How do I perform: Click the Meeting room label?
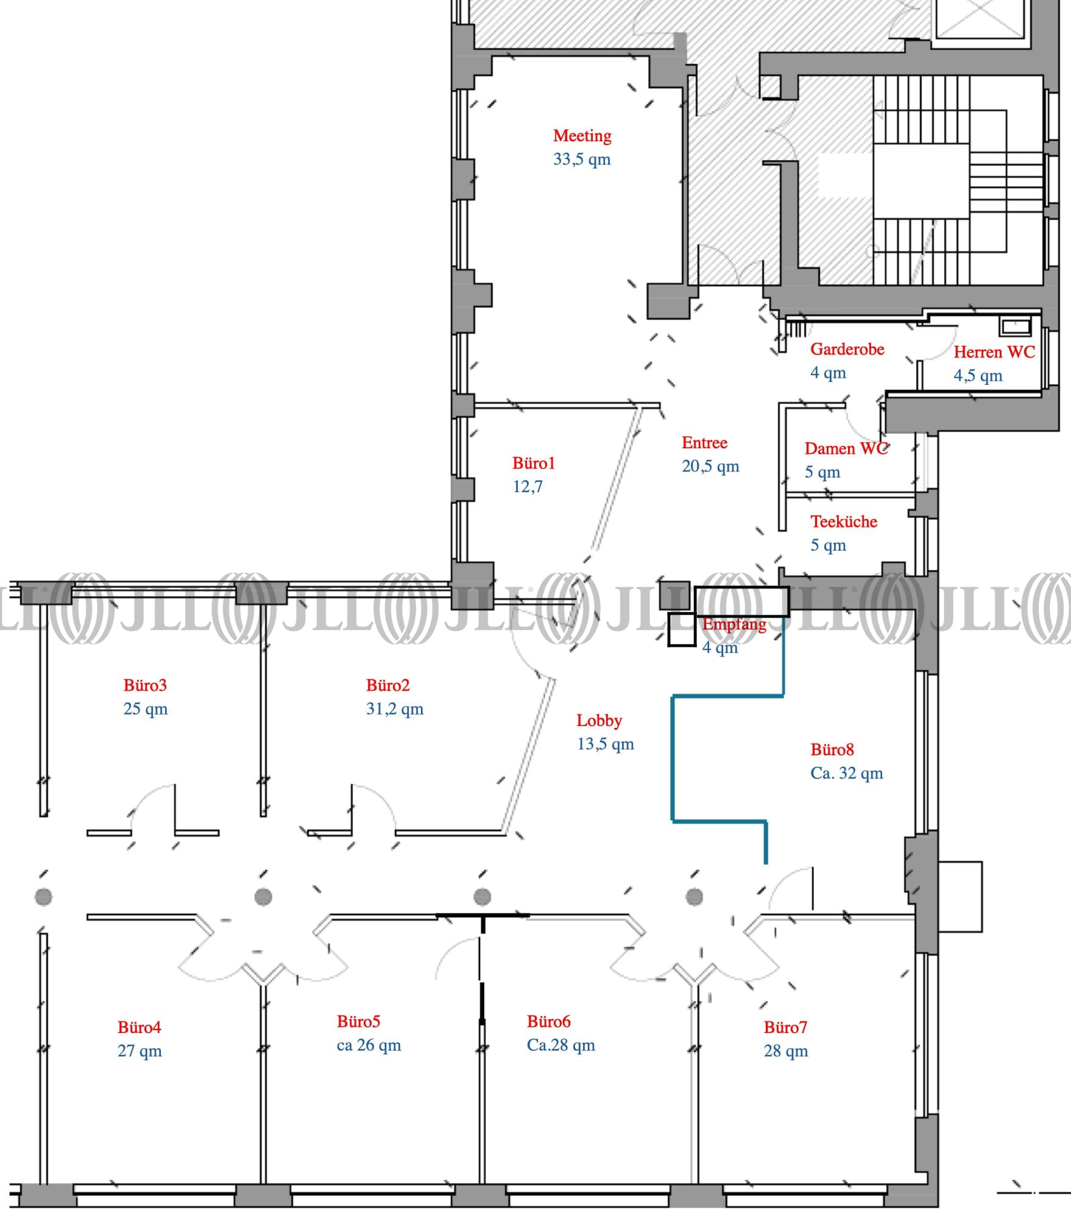click(x=582, y=135)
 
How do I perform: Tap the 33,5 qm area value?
click(x=581, y=160)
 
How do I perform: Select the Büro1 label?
click(x=534, y=464)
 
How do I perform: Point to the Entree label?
click(x=704, y=443)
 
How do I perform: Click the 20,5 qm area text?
click(x=710, y=467)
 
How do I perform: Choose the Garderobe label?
click(x=847, y=349)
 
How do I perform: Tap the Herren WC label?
click(x=994, y=352)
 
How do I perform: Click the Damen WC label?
click(x=846, y=449)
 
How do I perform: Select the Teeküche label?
click(x=844, y=521)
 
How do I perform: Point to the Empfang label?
click(x=734, y=624)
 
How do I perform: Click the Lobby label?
click(x=599, y=721)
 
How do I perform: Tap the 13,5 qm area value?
click(x=606, y=744)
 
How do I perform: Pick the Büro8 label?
click(x=832, y=749)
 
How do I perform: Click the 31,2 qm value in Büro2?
click(x=394, y=709)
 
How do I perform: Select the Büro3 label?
click(x=145, y=685)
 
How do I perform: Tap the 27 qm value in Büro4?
click(x=140, y=1051)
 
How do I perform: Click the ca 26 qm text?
click(x=369, y=1045)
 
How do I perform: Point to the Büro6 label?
click(x=548, y=1021)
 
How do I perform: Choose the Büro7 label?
click(x=785, y=1028)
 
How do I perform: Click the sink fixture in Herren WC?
click(x=1014, y=326)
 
